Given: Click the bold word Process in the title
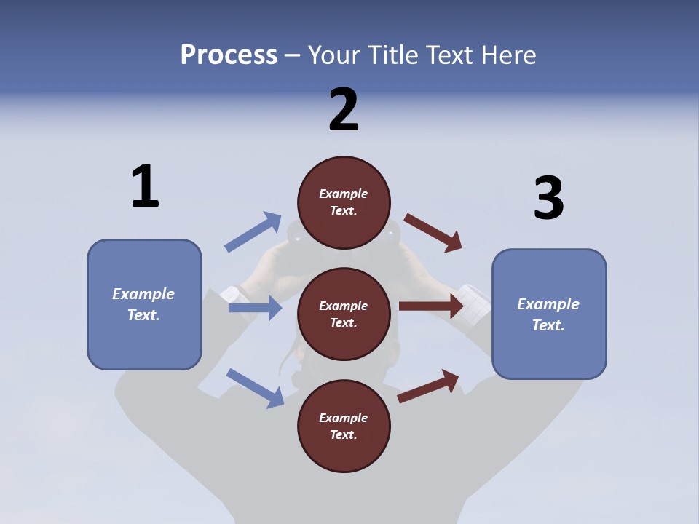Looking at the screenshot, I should (229, 55).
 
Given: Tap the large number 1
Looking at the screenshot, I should (145, 186).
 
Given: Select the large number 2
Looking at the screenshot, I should (344, 109).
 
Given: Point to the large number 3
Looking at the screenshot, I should (548, 198).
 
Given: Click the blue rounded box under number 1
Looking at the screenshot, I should (144, 304).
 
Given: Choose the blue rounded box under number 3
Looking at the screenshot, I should (549, 314).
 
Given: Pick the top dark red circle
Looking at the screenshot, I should (344, 202).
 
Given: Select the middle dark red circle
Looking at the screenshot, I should (344, 314).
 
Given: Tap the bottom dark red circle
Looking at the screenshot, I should (344, 426).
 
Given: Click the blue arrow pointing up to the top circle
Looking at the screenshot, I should (253, 232).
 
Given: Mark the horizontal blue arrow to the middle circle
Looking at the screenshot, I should (255, 308).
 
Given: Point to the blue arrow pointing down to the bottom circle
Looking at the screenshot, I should (255, 387).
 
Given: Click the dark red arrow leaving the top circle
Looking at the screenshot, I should (433, 232).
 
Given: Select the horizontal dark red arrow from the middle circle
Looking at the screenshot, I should (431, 306).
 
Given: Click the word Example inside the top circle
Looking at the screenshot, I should (344, 194).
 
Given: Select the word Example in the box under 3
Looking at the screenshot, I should (548, 304).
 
